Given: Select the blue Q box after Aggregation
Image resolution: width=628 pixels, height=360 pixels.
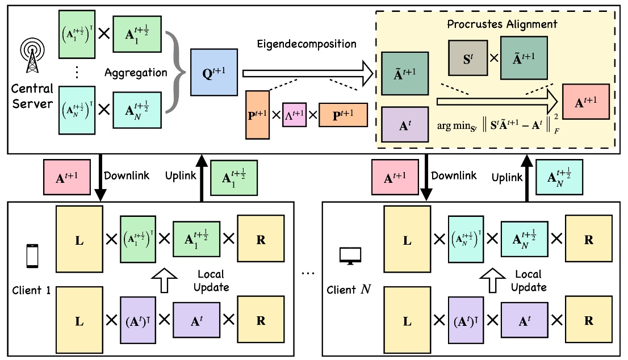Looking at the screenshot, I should [215, 72].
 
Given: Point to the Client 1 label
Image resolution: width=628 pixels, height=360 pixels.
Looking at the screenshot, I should [31, 291].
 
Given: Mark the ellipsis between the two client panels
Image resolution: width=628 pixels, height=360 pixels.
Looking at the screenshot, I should [308, 273].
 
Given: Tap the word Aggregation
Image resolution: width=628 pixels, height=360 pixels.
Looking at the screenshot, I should [136, 73].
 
